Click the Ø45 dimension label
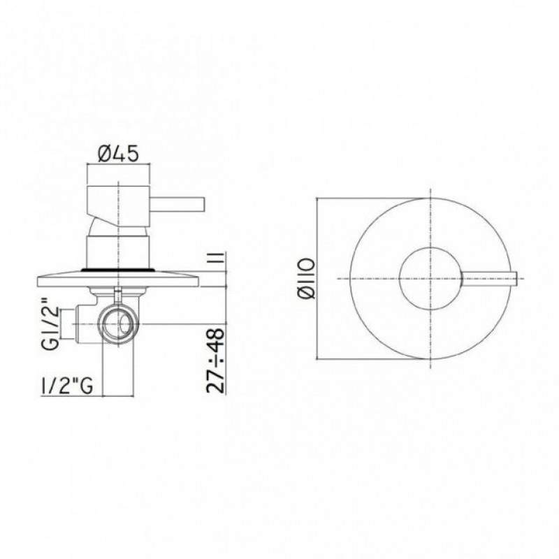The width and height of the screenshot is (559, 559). pos(117,154)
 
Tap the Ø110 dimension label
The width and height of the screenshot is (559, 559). pos(306,278)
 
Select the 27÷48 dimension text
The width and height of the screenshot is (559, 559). pos(216,361)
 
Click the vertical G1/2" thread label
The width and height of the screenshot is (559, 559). pos(51,324)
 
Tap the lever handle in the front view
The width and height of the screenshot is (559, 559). pos(488,278)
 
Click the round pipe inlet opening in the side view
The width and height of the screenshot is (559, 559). pos(119,324)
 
